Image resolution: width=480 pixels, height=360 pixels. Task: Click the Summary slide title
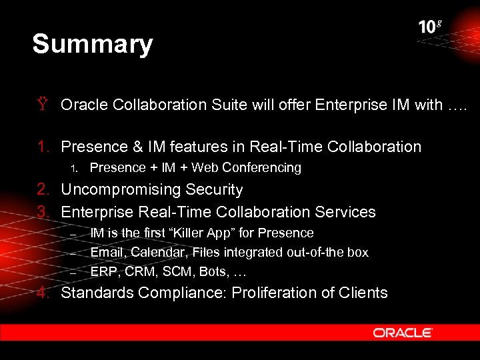click(x=93, y=44)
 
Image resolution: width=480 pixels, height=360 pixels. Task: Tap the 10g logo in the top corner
click(x=430, y=27)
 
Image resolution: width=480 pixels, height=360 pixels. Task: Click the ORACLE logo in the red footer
click(x=403, y=332)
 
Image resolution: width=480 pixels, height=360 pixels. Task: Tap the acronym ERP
click(x=102, y=272)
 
